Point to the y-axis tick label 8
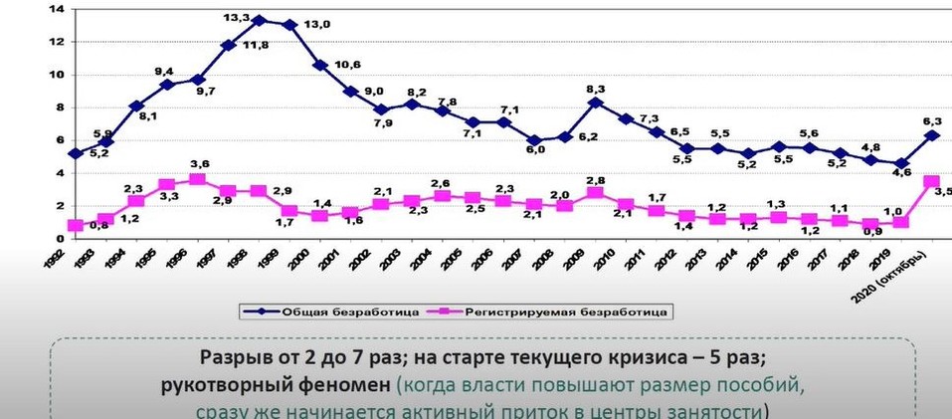pos(58,107)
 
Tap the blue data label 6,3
pos(933,119)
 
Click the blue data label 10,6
pos(348,66)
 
